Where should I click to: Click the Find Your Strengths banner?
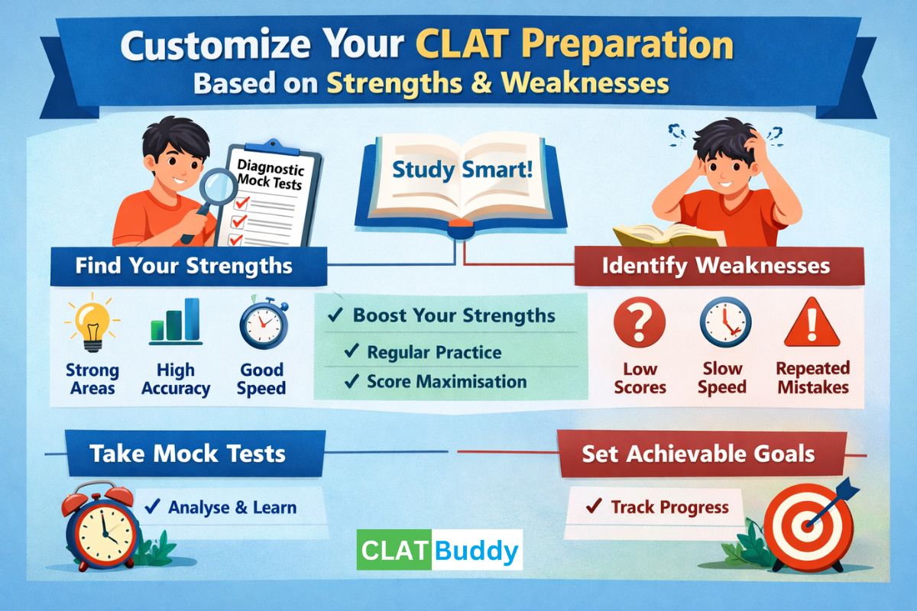click(x=183, y=266)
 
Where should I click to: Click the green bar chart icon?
click(x=175, y=321)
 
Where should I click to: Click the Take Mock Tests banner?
click(x=187, y=454)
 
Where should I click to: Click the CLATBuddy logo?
click(x=439, y=550)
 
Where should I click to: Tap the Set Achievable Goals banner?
click(x=698, y=454)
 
